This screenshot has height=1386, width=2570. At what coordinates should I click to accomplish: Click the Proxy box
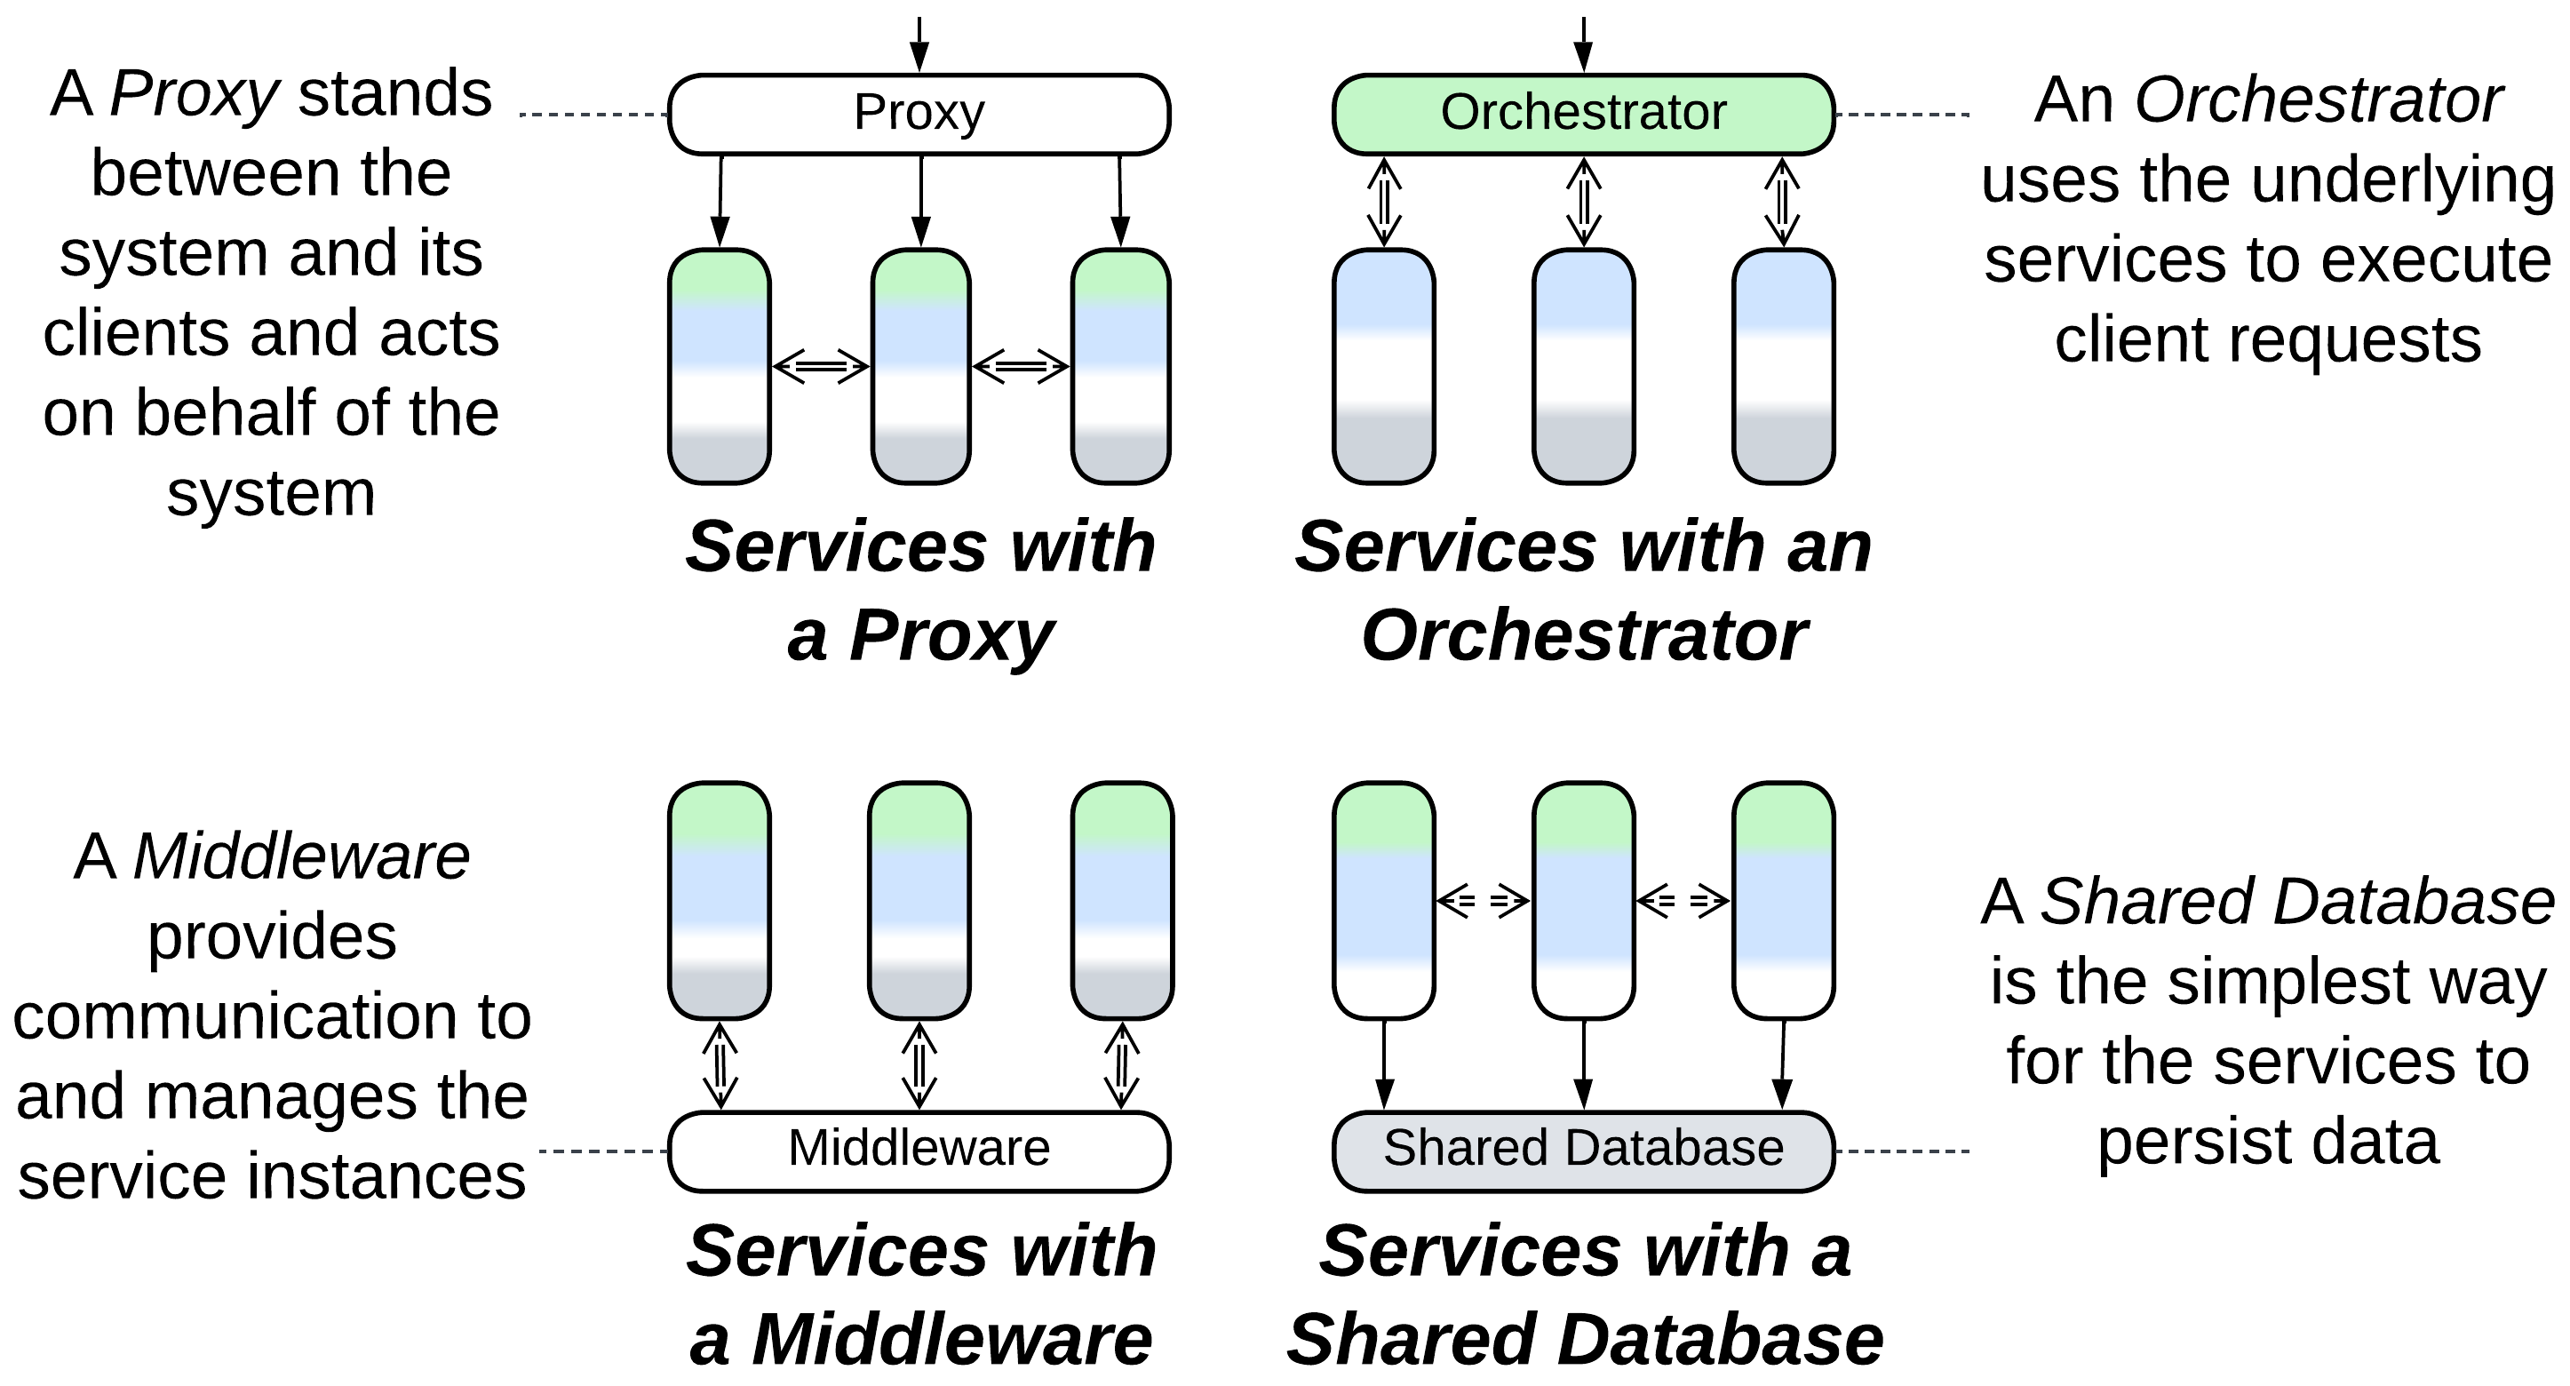[918, 114]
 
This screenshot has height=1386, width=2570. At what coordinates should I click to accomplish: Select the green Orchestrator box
[1582, 114]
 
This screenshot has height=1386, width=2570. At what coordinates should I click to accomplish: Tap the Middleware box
[918, 1150]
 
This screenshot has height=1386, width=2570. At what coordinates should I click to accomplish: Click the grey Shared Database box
[1582, 1150]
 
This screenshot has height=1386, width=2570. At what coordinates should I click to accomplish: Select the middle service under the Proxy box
[919, 366]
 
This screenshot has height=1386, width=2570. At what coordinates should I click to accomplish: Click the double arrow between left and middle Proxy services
[820, 367]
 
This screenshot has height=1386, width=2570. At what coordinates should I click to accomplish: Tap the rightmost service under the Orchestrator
[1782, 366]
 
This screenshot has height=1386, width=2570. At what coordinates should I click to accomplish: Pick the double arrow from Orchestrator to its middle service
[1583, 203]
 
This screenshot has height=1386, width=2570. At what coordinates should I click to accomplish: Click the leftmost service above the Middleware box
[719, 900]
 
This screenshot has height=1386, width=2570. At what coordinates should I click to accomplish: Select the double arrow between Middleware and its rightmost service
[1121, 1065]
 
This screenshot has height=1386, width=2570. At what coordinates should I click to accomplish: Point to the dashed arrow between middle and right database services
[1683, 902]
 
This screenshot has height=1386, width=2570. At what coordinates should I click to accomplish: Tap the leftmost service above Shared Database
[1383, 900]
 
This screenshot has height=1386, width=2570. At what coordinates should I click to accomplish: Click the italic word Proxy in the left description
[194, 95]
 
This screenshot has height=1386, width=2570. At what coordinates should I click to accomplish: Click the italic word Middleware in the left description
[300, 857]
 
